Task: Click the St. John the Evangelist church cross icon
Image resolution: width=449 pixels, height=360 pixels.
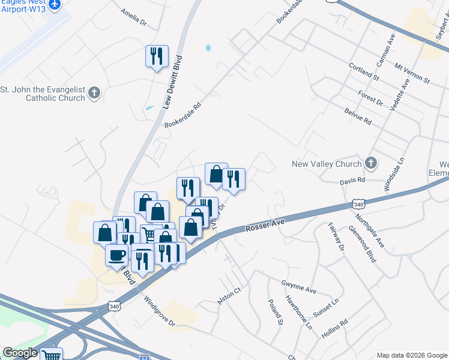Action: [x=94, y=93]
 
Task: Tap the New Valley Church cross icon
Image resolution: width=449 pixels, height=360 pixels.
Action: [x=371, y=163]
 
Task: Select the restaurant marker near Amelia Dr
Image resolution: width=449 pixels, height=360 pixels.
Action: [x=157, y=56]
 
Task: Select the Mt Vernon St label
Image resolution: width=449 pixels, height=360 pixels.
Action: [x=412, y=73]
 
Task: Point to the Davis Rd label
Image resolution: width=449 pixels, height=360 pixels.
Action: [x=352, y=180]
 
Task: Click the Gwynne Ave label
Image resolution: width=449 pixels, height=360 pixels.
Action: [x=298, y=286]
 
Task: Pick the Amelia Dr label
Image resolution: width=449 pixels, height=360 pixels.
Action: [x=133, y=19]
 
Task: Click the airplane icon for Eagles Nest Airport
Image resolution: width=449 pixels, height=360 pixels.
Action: [x=55, y=4]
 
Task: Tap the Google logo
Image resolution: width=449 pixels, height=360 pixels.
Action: [x=20, y=353]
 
